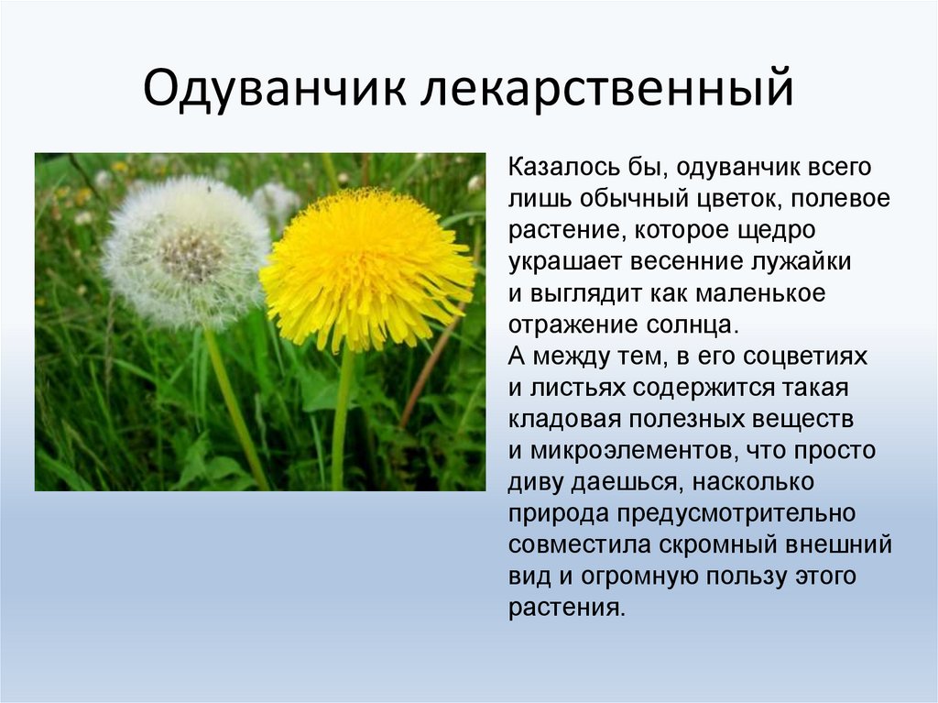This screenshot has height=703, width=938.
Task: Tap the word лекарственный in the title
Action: click(607, 89)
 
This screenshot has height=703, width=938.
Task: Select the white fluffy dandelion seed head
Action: click(184, 253)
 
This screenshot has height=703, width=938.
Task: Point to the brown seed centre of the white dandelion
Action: click(191, 254)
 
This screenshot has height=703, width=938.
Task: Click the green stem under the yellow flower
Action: click(342, 419)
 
